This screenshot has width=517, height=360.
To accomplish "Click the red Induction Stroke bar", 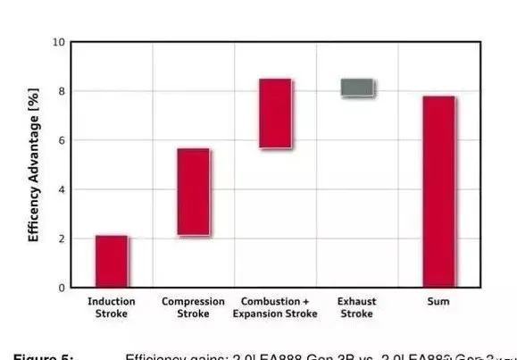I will tap(112, 261).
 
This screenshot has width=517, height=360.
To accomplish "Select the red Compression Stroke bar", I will tap(193, 192).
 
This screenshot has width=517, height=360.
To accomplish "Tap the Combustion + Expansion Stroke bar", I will tap(275, 113).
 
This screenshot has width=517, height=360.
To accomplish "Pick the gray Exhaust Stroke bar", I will tap(357, 88).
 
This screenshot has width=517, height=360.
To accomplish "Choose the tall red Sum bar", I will tap(438, 191).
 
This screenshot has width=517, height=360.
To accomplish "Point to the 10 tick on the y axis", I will tap(58, 42).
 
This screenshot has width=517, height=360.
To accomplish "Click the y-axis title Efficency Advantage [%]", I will tap(34, 165).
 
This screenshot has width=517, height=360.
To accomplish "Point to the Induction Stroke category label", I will tap(112, 307).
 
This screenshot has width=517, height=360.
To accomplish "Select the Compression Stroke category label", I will tap(193, 307).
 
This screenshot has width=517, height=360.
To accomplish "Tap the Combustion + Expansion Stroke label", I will tap(275, 307).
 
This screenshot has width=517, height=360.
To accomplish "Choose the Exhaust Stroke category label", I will tap(357, 307).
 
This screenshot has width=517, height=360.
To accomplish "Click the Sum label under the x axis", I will tap(438, 302).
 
